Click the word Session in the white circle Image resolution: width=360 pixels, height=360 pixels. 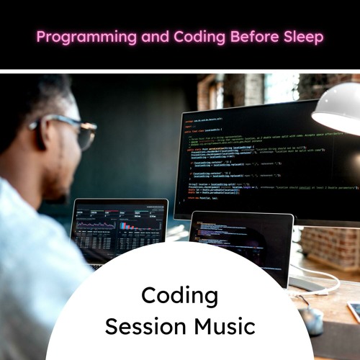coord(138,326)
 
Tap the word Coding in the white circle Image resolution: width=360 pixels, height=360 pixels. coord(179,295)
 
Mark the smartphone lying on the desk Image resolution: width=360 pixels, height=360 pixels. coord(354,311)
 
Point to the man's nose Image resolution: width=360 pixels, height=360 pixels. coord(92,147)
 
